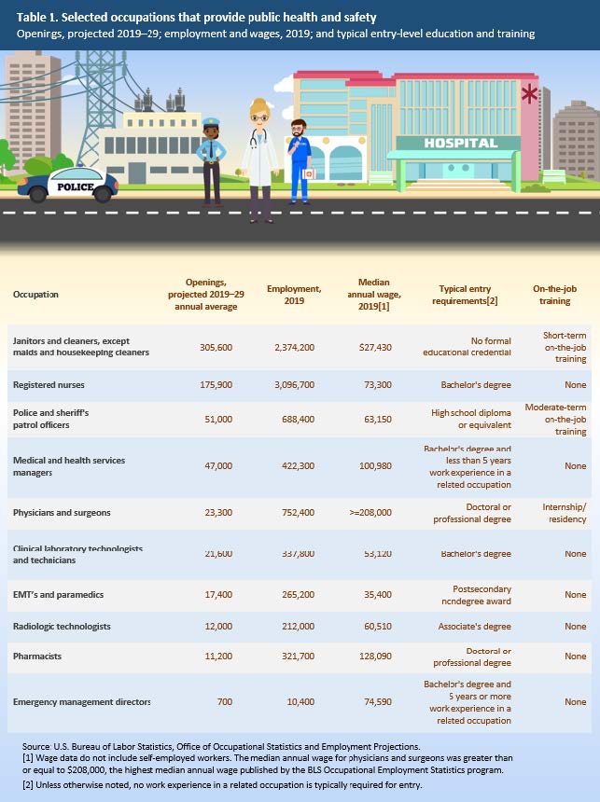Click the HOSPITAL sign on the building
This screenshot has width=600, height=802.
click(461, 143)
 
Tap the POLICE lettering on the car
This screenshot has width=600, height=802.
click(76, 187)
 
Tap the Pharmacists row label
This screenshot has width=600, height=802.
click(36, 657)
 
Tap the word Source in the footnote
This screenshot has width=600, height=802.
click(36, 747)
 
